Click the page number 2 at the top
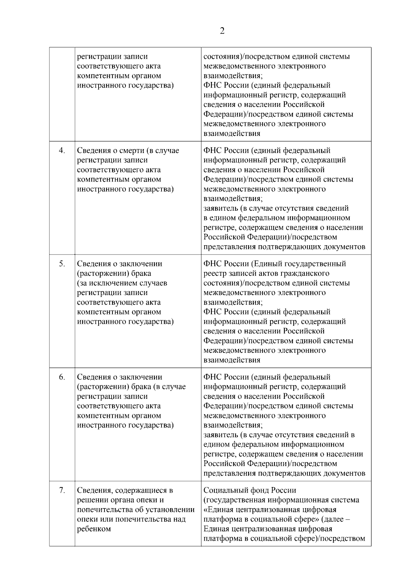coord(222,31)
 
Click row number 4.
coord(62,150)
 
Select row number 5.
coord(62,264)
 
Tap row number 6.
coord(62,377)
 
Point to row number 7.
coord(62,490)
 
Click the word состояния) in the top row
coord(222,56)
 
